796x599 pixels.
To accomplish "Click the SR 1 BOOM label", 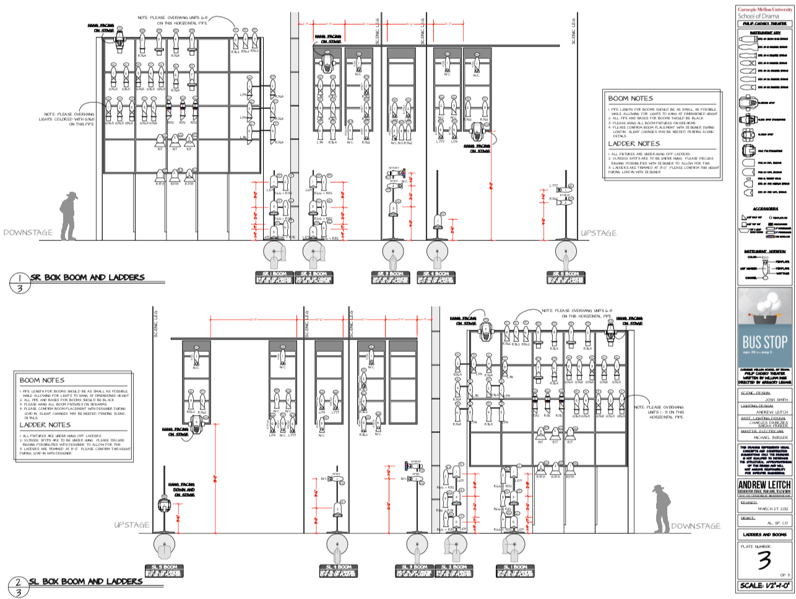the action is [274, 274].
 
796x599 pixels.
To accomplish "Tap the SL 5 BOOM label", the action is [165, 567].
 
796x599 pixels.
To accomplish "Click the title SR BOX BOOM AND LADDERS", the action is [87, 278].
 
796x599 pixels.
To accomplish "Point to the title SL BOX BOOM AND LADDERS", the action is [86, 582].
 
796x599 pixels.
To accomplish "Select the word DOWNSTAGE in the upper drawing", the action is [28, 233].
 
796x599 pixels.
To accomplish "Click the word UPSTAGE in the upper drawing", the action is [599, 234].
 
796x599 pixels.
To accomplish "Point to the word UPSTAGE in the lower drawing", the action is [131, 525].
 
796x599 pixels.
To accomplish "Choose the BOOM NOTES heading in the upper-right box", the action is [630, 98].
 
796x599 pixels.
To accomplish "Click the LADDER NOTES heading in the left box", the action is [45, 425].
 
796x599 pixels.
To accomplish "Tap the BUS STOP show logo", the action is [764, 342].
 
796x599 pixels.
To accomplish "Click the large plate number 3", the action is [764, 561].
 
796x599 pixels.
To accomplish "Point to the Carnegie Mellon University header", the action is [765, 9].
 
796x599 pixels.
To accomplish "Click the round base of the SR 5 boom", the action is [565, 253].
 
